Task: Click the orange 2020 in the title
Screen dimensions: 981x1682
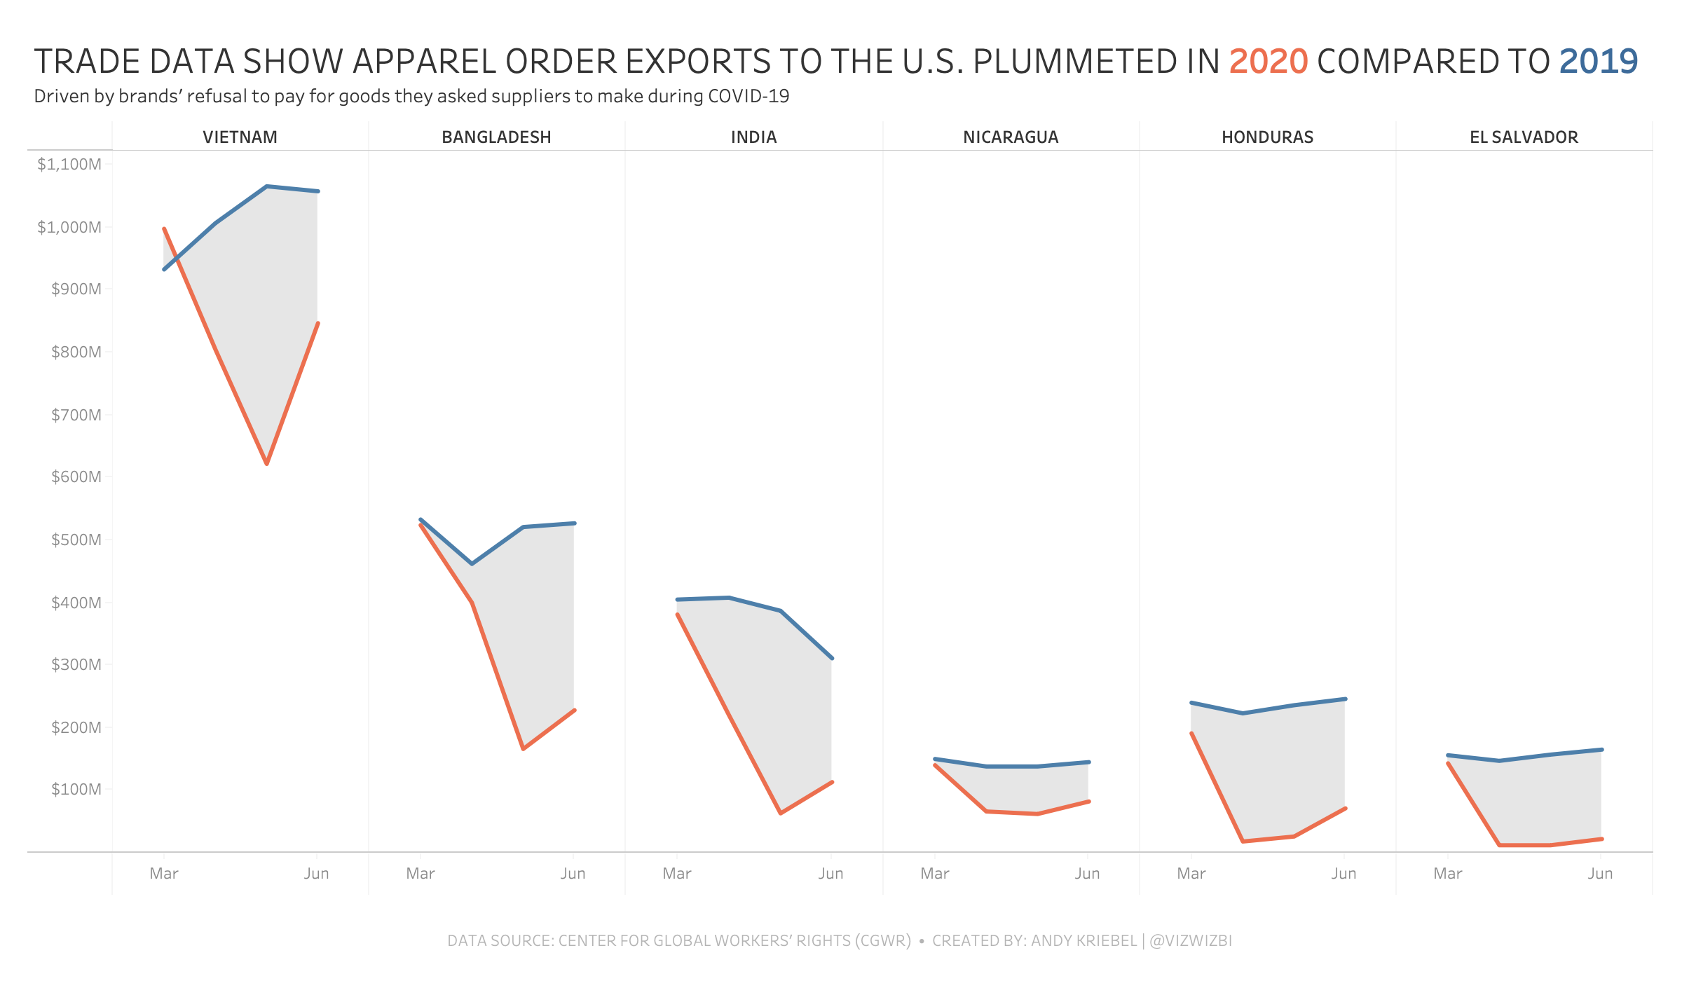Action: coord(1268,62)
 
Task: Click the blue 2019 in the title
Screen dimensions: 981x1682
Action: coord(1598,62)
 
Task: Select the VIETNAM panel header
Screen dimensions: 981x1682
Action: coord(240,137)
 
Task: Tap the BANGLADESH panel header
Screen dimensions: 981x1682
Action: coord(496,137)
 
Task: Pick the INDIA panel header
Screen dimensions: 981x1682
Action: coord(753,137)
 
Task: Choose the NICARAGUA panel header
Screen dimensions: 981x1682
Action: coord(1011,137)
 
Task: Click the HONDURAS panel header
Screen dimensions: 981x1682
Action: coord(1267,137)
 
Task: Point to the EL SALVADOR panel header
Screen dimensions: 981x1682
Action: coord(1524,137)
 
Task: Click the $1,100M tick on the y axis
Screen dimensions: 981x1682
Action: coord(69,165)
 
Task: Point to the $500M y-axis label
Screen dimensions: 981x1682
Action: coord(76,540)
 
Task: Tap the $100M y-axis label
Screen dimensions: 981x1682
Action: coord(76,790)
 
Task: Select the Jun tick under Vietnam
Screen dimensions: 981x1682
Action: coord(316,874)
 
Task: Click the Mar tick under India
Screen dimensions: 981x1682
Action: coord(677,874)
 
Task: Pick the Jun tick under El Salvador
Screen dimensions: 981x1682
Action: coord(1600,874)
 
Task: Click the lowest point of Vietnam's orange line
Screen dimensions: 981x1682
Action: coord(266,463)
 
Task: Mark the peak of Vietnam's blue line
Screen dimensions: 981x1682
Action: coord(266,186)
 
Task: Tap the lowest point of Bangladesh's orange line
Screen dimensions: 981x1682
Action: coord(523,749)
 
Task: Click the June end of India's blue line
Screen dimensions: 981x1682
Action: coord(832,658)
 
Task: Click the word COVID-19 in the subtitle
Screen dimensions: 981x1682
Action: coord(748,96)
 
